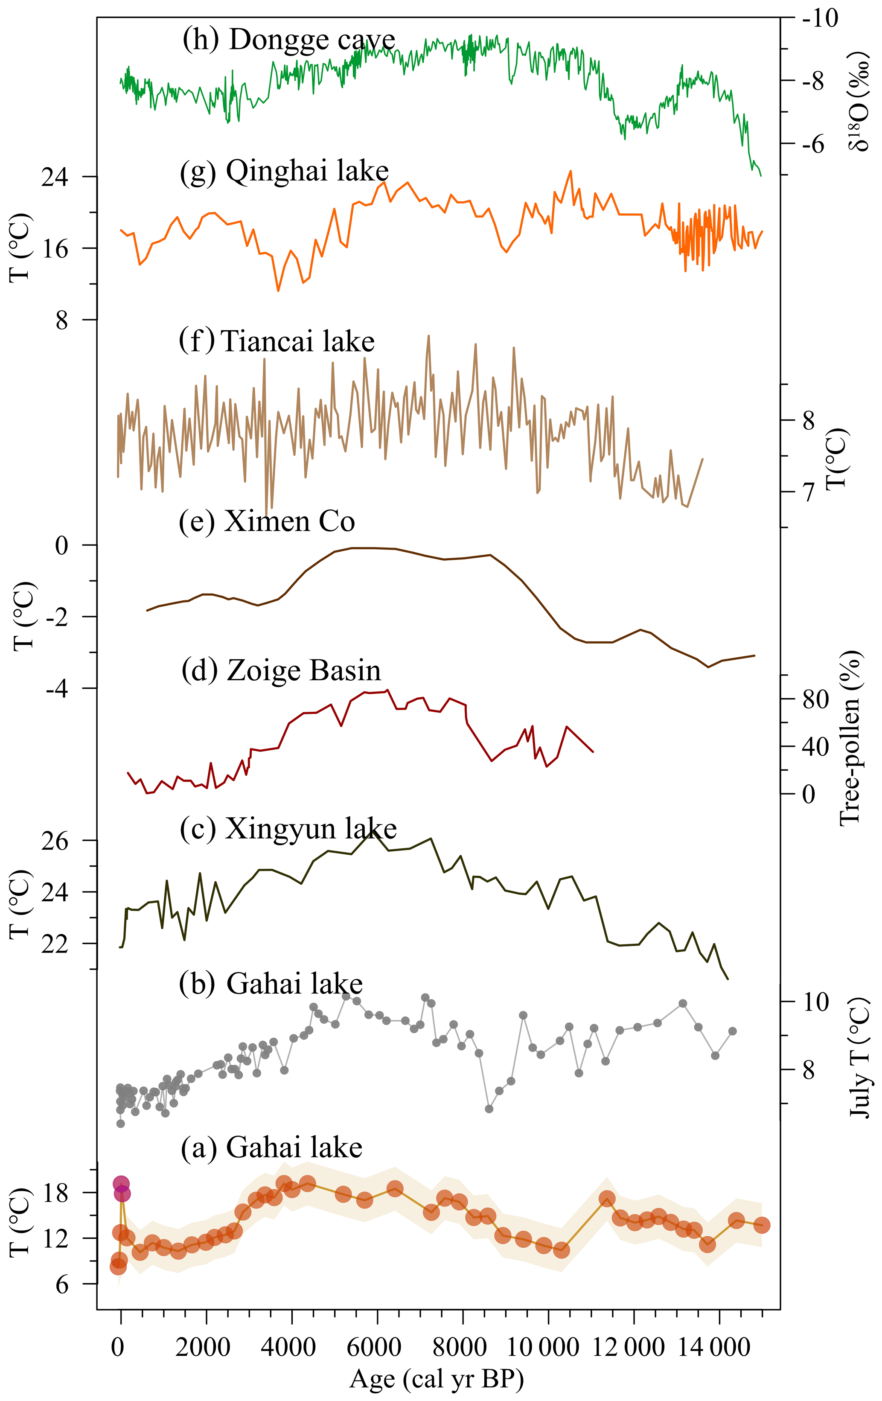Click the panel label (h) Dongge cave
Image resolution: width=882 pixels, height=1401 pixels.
click(288, 40)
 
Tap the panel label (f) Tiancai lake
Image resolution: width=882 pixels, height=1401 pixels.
click(277, 341)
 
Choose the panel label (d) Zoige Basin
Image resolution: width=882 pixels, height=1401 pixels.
click(281, 670)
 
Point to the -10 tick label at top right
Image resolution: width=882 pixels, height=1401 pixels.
click(820, 19)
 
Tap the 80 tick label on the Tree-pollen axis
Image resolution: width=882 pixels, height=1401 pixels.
click(816, 699)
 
